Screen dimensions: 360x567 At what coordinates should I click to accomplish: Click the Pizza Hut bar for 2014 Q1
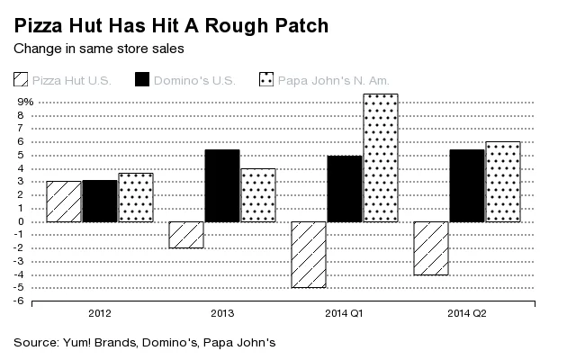[x=309, y=255]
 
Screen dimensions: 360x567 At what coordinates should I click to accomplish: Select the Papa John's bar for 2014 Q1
[x=380, y=157]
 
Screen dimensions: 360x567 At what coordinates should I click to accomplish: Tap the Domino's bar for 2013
[x=222, y=185]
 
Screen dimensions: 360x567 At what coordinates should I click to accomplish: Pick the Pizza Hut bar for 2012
[x=63, y=202]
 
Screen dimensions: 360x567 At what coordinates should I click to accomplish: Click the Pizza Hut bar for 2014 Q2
[x=430, y=248]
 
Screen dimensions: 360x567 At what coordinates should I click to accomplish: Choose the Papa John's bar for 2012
[x=136, y=197]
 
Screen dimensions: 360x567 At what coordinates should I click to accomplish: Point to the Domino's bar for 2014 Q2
[x=467, y=185]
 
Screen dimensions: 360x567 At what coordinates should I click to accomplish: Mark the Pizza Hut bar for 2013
[x=186, y=235]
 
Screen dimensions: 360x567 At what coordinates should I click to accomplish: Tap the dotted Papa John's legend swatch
[x=267, y=80]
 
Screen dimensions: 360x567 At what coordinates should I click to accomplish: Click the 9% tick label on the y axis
[x=24, y=102]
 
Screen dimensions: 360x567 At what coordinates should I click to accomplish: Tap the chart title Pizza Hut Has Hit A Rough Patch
[x=170, y=25]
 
